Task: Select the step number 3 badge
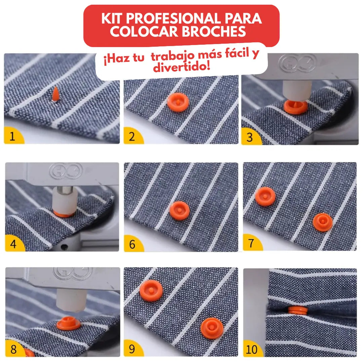tap(249, 137)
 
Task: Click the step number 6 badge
tap(132, 244)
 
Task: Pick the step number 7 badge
tap(251, 243)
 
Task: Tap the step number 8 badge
tap(13, 349)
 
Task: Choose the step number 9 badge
tap(132, 349)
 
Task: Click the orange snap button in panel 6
tap(179, 211)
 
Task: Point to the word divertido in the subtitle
tap(182, 67)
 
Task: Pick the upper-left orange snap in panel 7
tap(265, 196)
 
